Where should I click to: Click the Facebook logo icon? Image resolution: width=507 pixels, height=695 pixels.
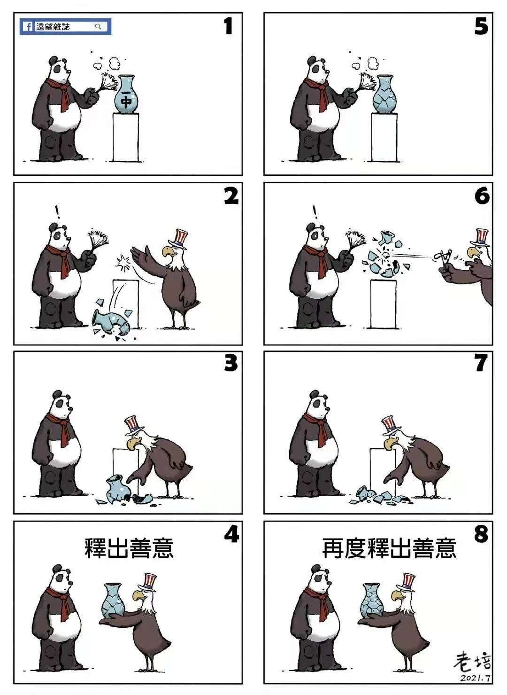28,27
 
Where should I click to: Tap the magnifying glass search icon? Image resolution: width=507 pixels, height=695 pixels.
98,26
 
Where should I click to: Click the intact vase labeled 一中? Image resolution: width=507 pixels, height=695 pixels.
125,94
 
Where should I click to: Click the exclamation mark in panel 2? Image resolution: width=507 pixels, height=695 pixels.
57,212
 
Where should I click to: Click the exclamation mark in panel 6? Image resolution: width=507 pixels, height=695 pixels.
315,212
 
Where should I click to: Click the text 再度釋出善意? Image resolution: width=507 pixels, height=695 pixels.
389,548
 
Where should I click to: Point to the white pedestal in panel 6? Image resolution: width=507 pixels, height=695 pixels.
384,304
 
